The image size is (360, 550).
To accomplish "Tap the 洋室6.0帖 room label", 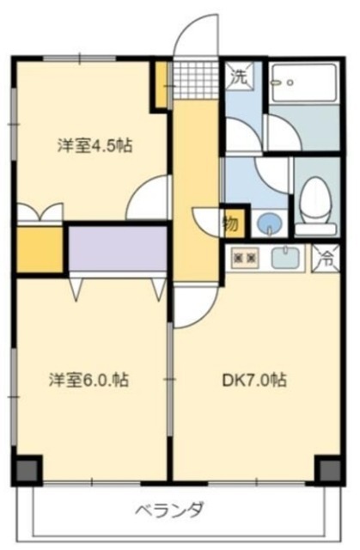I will point(88,379).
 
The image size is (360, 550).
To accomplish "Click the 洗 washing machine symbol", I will point(240,76).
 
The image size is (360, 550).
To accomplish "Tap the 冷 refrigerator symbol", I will point(326,256).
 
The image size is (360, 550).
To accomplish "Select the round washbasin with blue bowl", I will point(270,222).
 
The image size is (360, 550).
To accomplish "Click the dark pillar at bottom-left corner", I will point(28,469).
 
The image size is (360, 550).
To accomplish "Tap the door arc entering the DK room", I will point(192,307).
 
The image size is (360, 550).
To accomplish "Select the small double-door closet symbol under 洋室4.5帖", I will point(40,211).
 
